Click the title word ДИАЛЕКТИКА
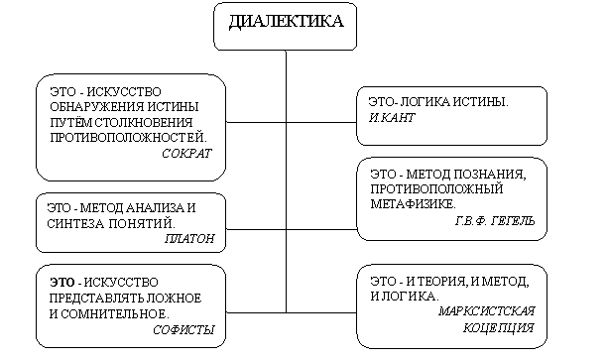pyautogui.click(x=286, y=21)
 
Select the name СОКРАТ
pyautogui.click(x=186, y=154)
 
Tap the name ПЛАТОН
pyautogui.click(x=189, y=238)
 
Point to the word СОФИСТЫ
pyautogui.click(x=183, y=330)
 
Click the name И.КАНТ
pyautogui.click(x=392, y=117)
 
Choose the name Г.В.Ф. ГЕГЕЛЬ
pyautogui.click(x=495, y=220)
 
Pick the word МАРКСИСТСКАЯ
pyautogui.click(x=487, y=310)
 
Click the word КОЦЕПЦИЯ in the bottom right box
pyautogui.click(x=499, y=328)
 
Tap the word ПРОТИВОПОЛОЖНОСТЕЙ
pyautogui.click(x=129, y=137)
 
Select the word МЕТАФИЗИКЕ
pyautogui.click(x=413, y=203)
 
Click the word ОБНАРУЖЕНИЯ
pyautogui.click(x=91, y=106)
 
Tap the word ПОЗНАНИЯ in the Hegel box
pyautogui.click(x=490, y=175)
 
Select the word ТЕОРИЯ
pyautogui.click(x=440, y=281)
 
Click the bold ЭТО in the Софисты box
pyautogui.click(x=61, y=283)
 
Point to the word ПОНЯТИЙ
pyautogui.click(x=142, y=223)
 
